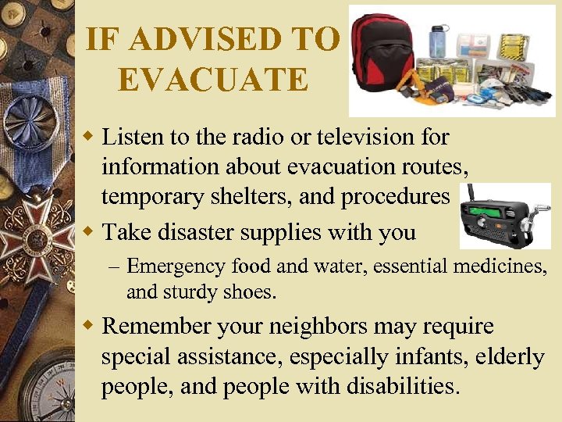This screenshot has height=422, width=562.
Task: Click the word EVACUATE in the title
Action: pyautogui.click(x=212, y=79)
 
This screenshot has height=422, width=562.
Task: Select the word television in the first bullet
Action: pyautogui.click(x=357, y=138)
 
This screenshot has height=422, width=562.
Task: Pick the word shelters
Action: pyautogui.click(x=250, y=197)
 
